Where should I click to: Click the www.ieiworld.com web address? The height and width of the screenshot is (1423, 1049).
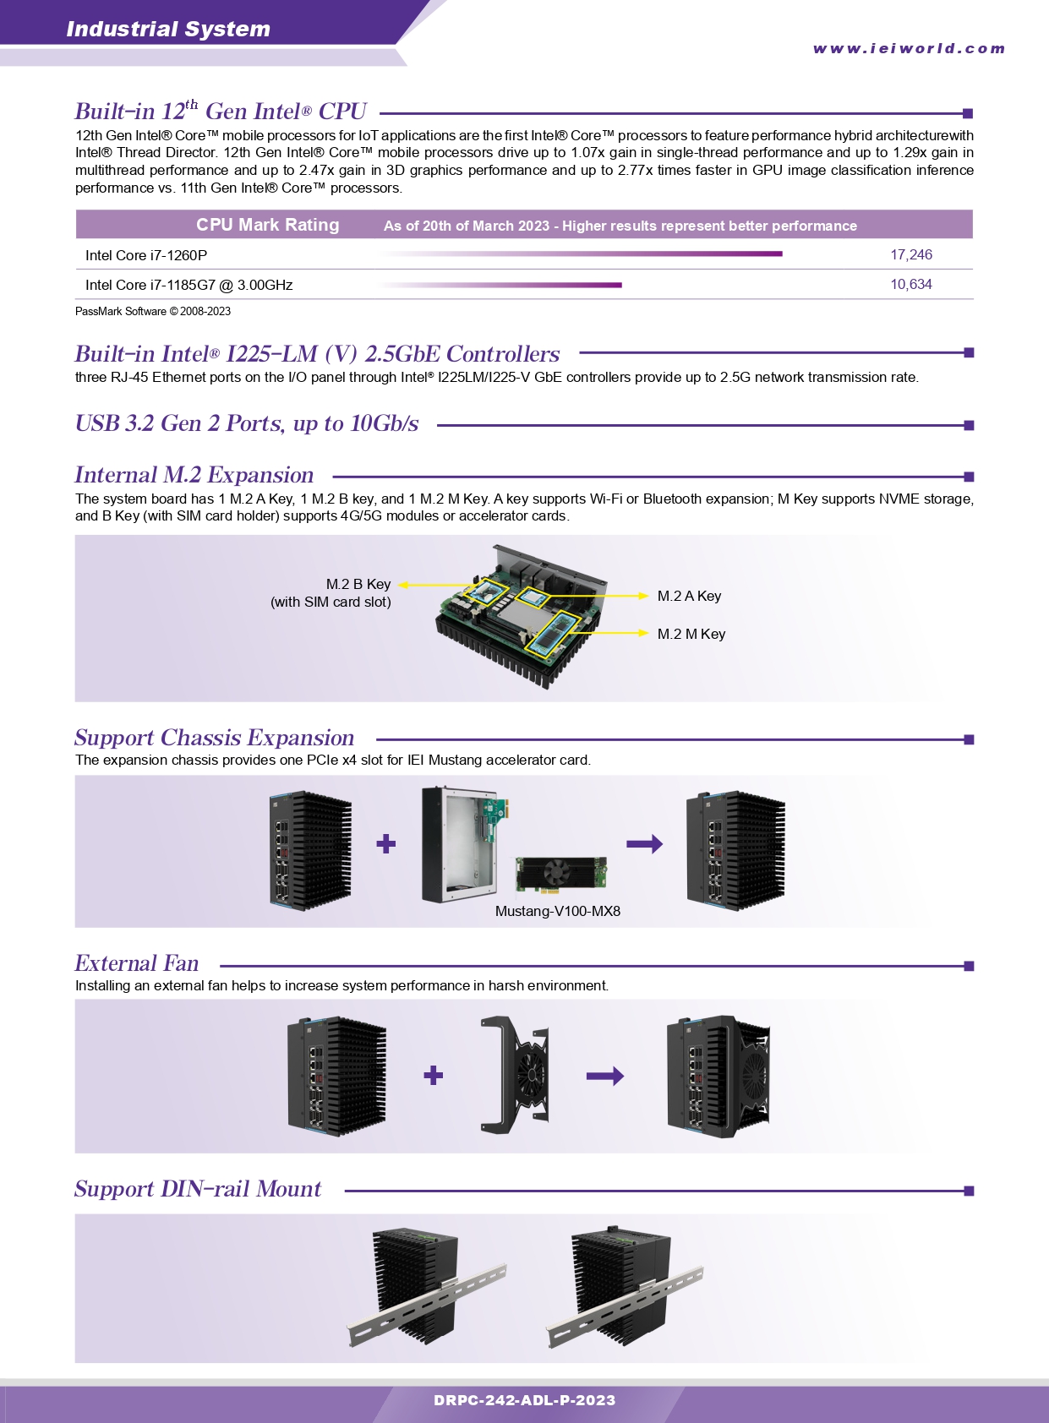909,48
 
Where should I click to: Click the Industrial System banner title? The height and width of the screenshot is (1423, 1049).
168,29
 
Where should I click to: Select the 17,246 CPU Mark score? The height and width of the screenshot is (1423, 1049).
911,254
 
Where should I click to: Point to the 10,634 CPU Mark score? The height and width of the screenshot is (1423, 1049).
911,284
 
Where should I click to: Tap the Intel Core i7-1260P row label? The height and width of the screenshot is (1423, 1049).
146,255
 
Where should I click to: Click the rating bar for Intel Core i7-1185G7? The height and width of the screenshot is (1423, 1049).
500,285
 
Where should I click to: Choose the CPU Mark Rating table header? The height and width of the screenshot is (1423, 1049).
267,224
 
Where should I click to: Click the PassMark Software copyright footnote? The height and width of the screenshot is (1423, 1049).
152,311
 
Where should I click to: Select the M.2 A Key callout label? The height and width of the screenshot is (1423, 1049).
690,596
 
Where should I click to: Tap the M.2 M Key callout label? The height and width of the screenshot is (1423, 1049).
691,634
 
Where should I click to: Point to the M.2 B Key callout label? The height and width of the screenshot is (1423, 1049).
331,592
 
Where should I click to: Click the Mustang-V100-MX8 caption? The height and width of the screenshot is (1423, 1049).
558,911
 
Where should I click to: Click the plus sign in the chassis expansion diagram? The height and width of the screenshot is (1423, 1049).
385,843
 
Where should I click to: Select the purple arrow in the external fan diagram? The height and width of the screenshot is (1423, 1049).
605,1076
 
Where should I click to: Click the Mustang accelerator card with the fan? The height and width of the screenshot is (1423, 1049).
561,874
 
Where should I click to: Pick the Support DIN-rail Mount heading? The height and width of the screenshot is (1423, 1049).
198,1189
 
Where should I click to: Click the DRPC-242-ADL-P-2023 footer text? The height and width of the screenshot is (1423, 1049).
525,1400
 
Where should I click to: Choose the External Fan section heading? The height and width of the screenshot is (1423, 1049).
137,963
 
